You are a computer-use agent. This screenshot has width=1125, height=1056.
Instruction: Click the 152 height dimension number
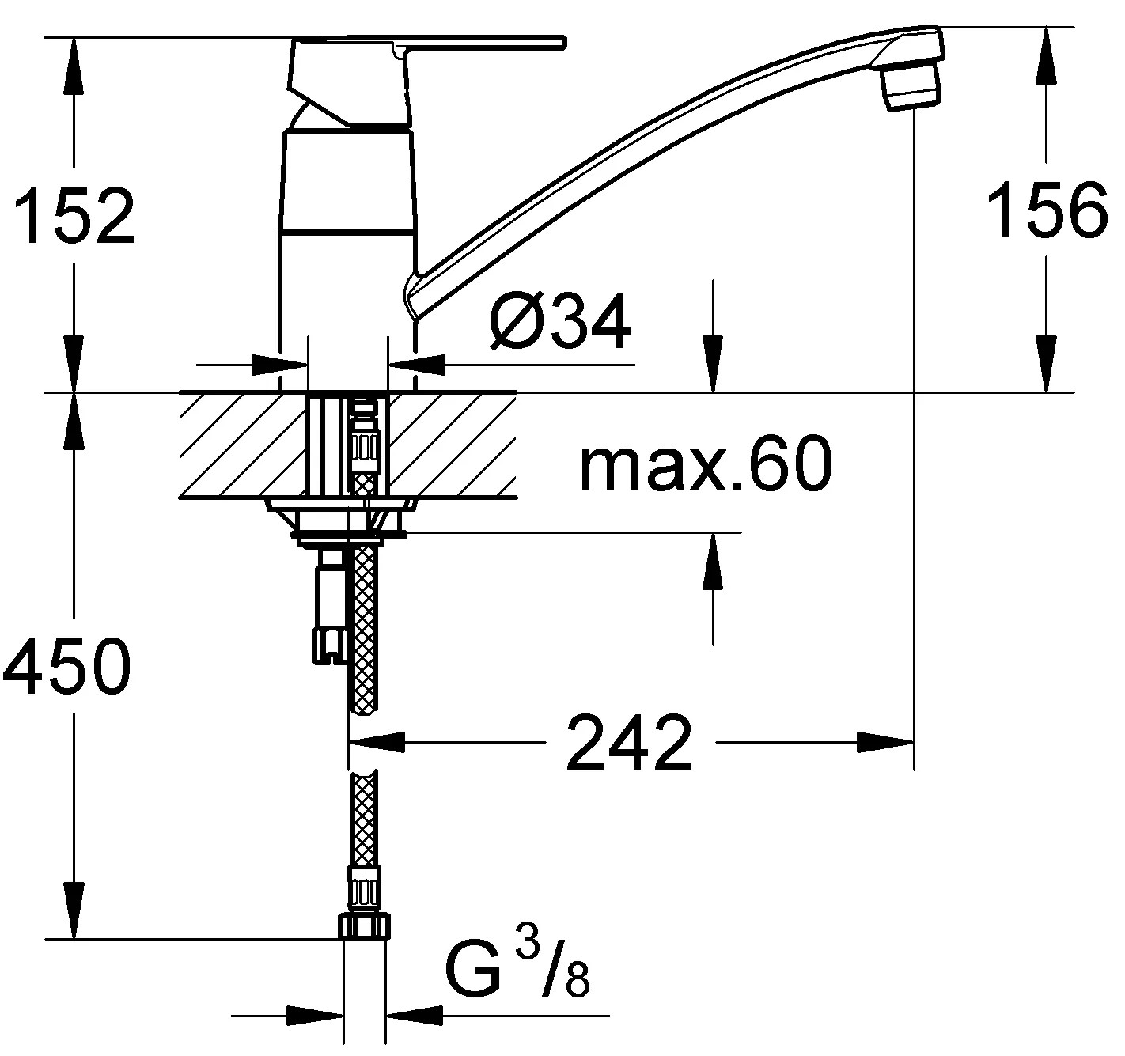point(76,215)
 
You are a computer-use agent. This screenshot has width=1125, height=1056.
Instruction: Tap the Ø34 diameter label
point(560,322)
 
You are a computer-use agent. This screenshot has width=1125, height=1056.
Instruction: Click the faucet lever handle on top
point(427,44)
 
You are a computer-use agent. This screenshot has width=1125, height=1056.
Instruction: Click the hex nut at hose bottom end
point(364,926)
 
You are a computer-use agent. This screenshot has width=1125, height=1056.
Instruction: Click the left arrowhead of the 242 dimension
point(377,742)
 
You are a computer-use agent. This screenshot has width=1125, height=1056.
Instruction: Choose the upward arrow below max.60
point(714,562)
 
